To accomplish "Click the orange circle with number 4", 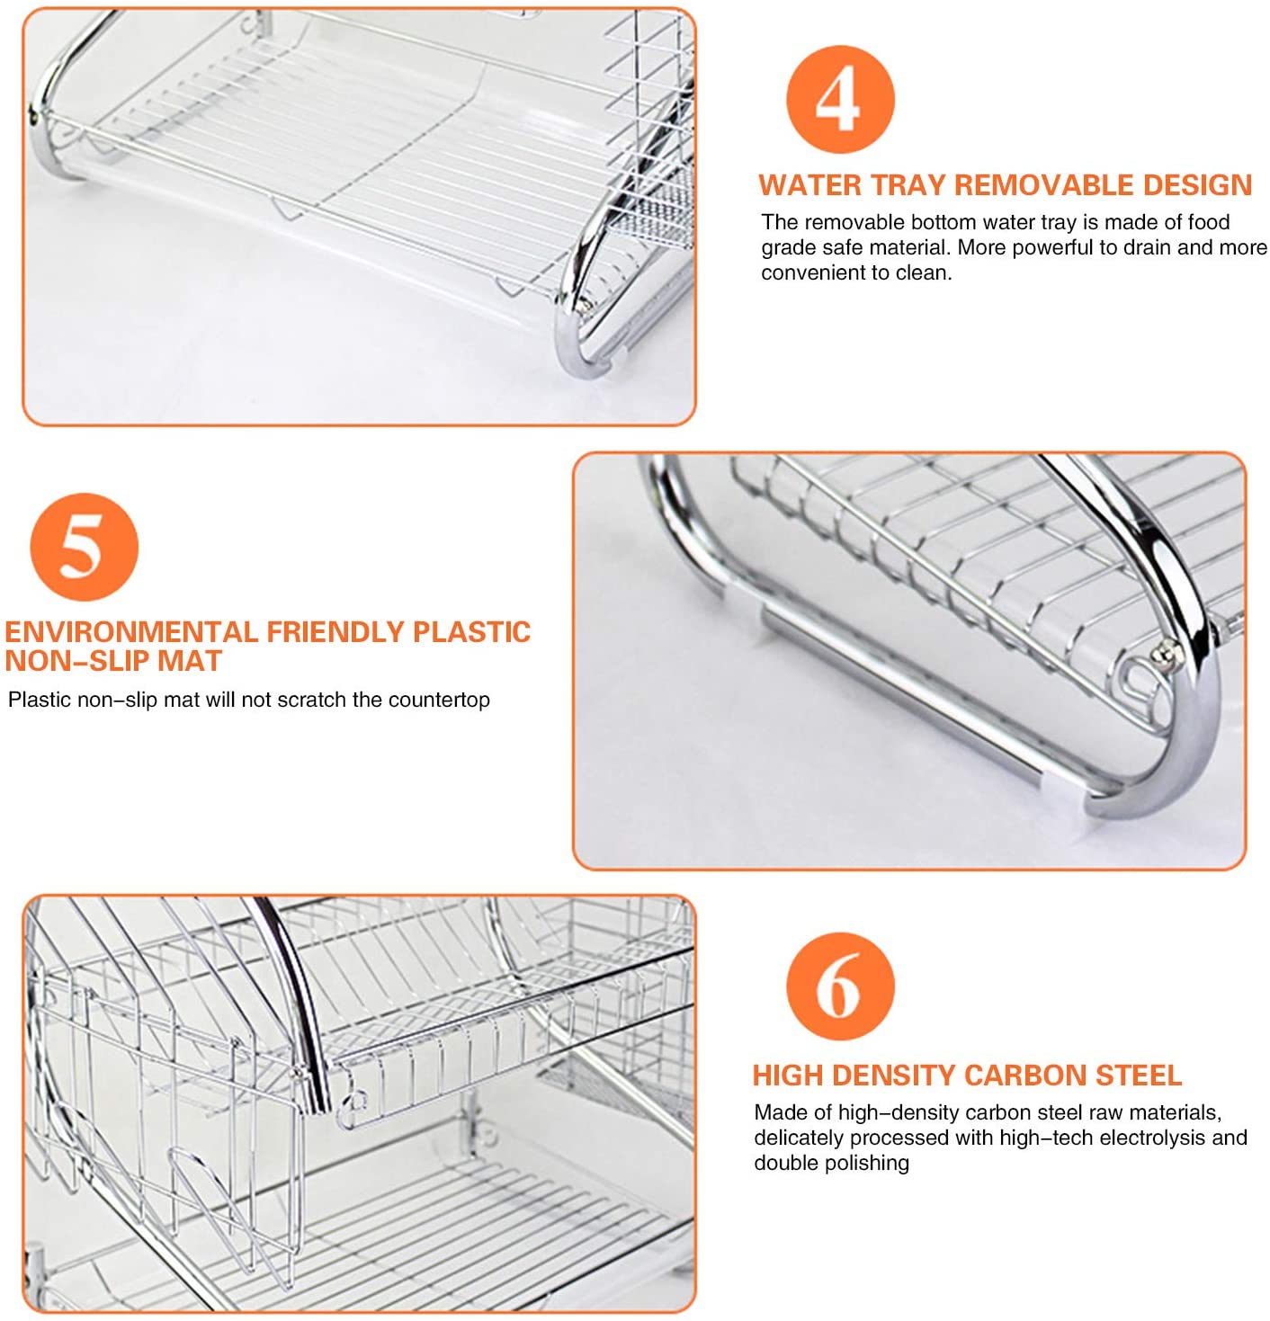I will click(x=839, y=100).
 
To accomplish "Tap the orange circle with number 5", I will click(x=84, y=547).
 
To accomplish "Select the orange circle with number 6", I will click(x=839, y=986).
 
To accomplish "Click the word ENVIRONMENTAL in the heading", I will click(x=131, y=631).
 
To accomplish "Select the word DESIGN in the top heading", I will click(x=1197, y=185).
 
